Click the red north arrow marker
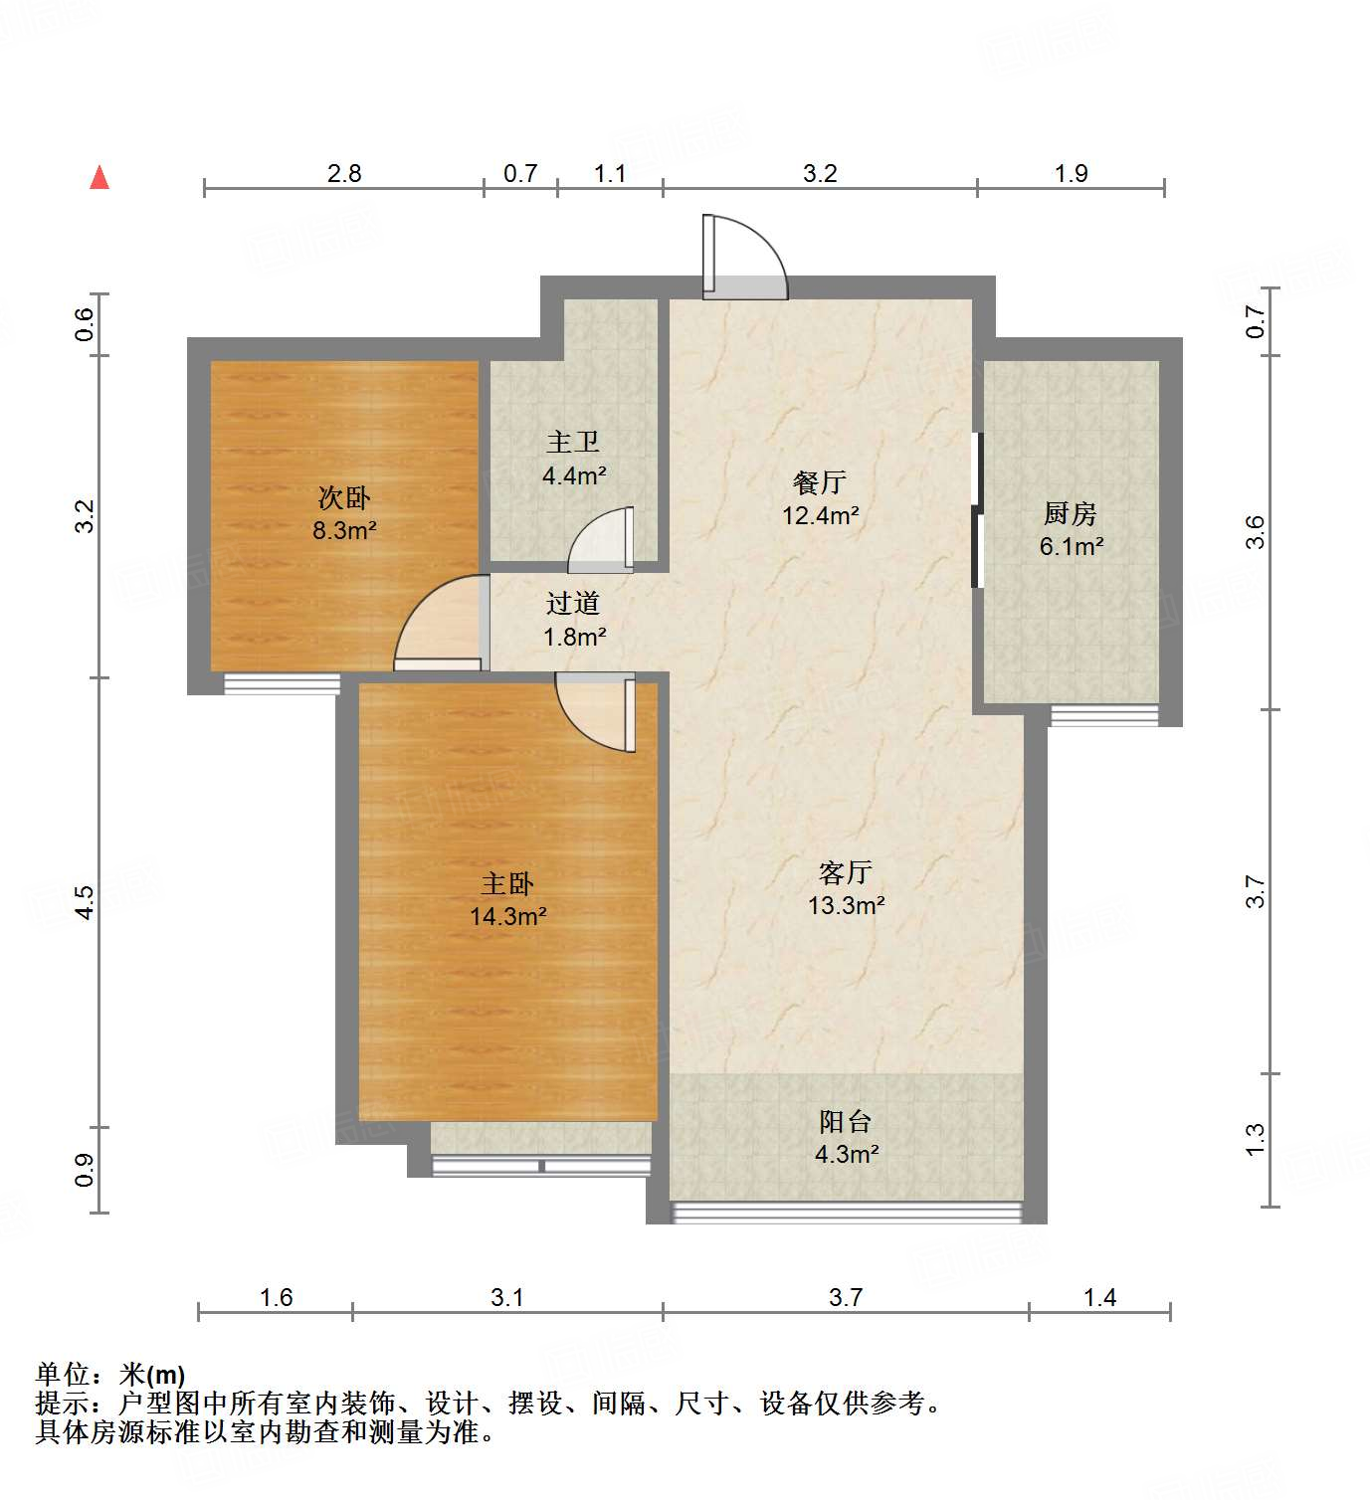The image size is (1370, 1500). tap(99, 177)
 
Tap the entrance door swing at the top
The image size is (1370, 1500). tap(743, 259)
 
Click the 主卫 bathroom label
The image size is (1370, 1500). tap(573, 442)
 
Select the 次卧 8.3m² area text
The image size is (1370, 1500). tap(344, 530)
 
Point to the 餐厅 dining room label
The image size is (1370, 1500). tap(820, 482)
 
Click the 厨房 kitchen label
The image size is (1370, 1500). tap(1071, 513)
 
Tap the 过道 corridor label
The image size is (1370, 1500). tap(573, 603)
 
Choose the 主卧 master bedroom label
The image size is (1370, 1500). tap(507, 883)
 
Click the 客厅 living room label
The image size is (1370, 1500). tap(846, 872)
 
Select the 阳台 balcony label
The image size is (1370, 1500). tap(846, 1122)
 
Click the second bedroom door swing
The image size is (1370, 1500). tap(438, 625)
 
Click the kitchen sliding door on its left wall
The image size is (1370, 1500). tap(977, 509)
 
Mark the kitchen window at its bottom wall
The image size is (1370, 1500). tap(1104, 714)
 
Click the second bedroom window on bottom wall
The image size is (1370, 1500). tap(282, 683)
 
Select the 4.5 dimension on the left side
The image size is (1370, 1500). tap(85, 901)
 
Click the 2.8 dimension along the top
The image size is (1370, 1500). tap(344, 173)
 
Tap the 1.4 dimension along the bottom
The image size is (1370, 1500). tap(1099, 1297)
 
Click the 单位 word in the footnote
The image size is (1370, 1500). tap(63, 1375)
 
